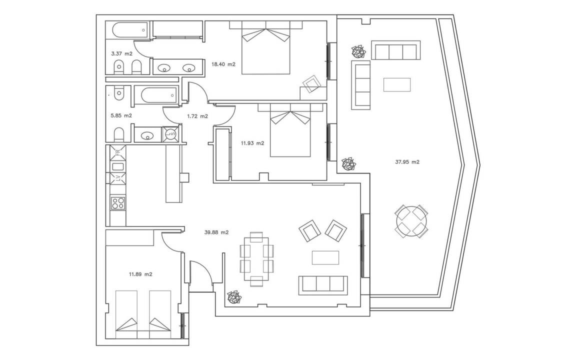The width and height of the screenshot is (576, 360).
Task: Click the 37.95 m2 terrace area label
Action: coord(407,161)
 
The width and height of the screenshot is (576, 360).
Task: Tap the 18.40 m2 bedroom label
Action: coord(223,64)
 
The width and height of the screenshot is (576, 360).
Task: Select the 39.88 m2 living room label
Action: coord(216,232)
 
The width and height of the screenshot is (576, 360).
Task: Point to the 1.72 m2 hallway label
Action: coord(197,116)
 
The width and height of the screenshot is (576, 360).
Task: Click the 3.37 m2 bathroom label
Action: coord(121,53)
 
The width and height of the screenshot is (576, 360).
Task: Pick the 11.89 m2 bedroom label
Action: coord(140,274)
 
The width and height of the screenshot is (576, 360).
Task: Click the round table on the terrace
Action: coord(411,221)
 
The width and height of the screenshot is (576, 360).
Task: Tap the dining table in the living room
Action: coord(256,259)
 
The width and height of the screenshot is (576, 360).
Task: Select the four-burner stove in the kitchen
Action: coord(118,203)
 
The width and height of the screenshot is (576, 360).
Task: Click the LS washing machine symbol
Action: coord(170,133)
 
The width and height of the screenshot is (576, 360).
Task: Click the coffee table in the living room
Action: coord(325,257)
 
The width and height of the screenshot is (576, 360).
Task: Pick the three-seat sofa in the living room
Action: coord(323,285)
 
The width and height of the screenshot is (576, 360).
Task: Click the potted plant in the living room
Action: coord(234,297)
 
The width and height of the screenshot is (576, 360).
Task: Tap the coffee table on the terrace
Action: coord(397,84)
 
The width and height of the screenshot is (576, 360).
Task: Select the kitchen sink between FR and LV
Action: coord(117,166)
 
